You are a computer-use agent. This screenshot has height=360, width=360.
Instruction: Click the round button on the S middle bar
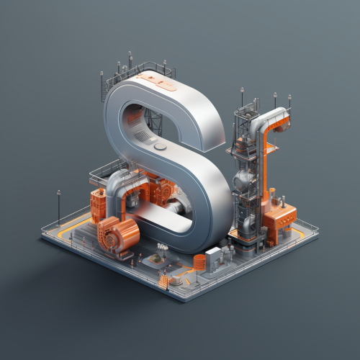[x=160, y=147]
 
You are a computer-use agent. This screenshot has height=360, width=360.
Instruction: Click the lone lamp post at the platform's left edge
[x=59, y=208]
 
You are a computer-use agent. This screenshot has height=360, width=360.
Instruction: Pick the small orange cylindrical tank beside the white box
[x=199, y=262]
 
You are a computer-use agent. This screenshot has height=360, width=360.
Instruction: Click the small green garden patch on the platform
[x=155, y=258]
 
